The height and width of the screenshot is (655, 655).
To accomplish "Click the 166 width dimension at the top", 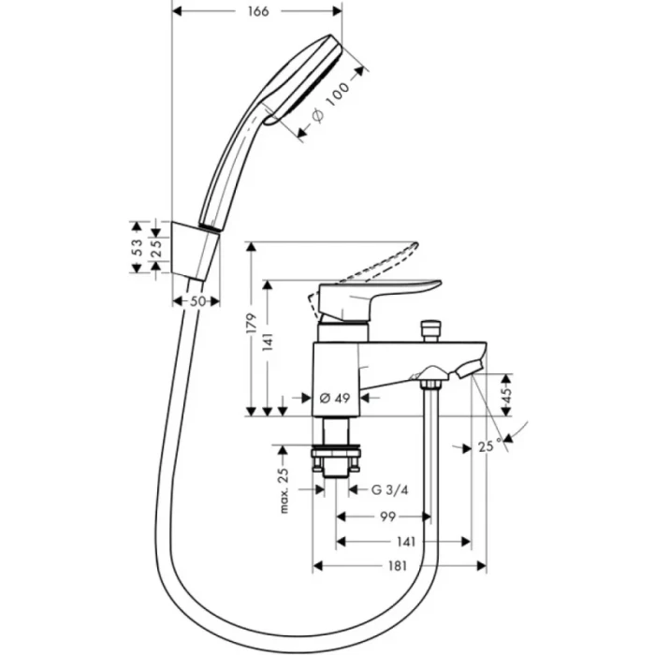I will (x=259, y=11).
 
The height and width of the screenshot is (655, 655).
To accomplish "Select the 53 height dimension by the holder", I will (x=137, y=247).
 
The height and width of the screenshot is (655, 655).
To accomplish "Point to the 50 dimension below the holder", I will (x=197, y=301).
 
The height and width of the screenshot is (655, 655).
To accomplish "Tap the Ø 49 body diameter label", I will (x=334, y=398).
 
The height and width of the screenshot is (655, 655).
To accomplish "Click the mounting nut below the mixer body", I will (x=336, y=462).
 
